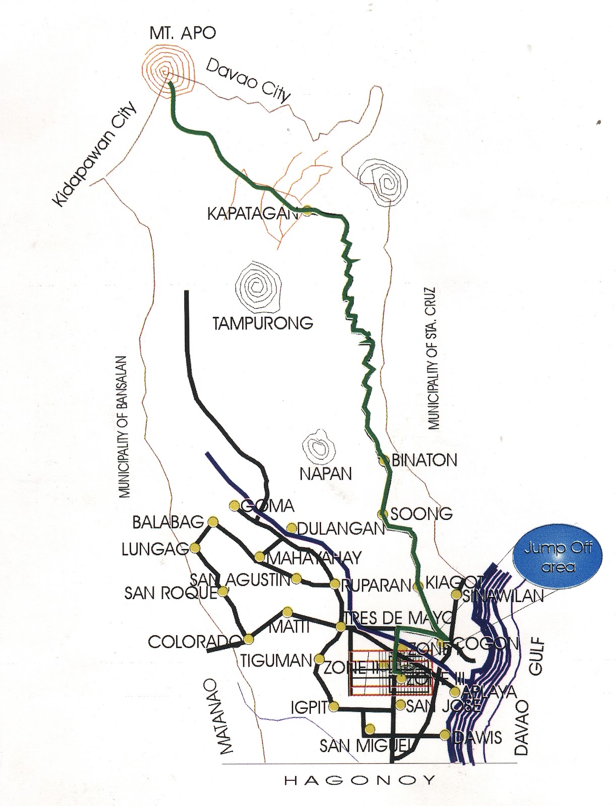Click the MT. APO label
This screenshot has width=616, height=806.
(x=182, y=34)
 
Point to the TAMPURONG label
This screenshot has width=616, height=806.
(x=262, y=323)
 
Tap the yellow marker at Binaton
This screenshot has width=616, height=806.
(x=384, y=459)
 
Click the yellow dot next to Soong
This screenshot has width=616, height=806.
(x=383, y=514)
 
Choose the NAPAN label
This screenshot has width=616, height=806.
(x=325, y=474)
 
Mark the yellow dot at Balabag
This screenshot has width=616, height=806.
(x=213, y=521)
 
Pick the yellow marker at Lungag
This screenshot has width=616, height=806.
(x=195, y=548)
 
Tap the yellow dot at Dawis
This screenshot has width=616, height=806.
(x=444, y=735)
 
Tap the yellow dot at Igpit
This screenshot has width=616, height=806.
(x=334, y=707)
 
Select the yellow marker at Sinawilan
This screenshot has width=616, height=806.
(x=456, y=595)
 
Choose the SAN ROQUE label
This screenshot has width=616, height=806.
(x=170, y=593)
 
